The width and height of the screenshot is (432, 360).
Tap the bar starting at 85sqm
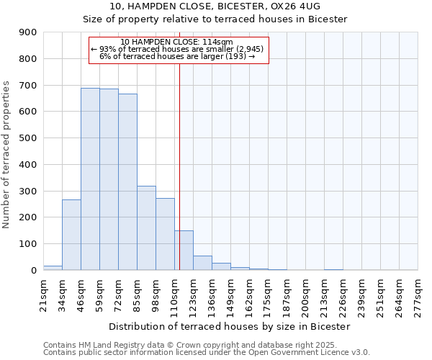[146, 228]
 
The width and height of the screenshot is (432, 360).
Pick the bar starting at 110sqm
[184, 250]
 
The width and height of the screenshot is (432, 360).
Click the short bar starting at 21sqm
[53, 268]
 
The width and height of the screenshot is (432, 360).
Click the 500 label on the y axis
[28, 138]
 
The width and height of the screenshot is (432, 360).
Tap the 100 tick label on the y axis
[28, 244]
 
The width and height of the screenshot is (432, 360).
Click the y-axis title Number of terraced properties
[7, 155]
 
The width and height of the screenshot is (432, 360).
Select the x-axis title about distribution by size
[230, 326]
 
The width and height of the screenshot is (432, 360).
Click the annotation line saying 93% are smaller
[178, 49]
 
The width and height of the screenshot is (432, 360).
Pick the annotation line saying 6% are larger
[178, 56]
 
